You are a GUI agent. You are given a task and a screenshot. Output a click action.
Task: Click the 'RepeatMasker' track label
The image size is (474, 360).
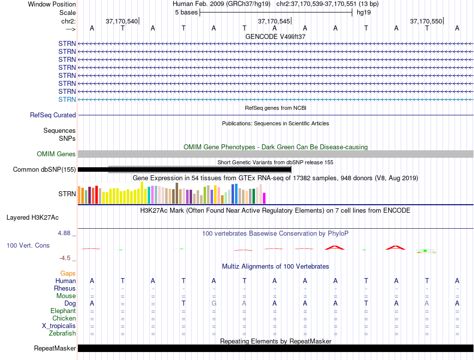[55, 348]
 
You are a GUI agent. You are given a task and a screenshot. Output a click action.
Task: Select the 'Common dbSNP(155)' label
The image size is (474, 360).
[44, 169]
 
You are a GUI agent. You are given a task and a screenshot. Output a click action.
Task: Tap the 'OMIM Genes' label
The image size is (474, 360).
[56, 154]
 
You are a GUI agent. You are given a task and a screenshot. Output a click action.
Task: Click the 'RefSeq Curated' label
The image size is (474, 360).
[53, 115]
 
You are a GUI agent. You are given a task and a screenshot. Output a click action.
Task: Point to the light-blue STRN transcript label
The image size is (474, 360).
[67, 99]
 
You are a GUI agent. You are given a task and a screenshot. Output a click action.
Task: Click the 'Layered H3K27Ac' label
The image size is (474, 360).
[32, 218]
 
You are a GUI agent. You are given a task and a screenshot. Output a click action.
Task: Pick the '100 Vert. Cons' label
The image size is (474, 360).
[28, 245]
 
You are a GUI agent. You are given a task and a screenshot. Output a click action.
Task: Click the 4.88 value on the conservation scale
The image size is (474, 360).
[64, 233]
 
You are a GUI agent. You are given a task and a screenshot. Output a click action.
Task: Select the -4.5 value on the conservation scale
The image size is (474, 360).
[65, 258]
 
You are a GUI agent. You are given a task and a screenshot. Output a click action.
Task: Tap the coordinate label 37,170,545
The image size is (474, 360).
[274, 21]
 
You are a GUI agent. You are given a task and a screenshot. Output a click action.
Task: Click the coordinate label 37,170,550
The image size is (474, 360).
[426, 21]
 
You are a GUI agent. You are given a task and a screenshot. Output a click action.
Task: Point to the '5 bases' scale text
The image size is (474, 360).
[186, 12]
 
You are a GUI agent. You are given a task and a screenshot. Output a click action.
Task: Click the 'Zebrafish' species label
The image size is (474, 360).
[62, 334]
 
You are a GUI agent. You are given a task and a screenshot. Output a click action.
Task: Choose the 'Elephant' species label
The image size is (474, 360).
[63, 311]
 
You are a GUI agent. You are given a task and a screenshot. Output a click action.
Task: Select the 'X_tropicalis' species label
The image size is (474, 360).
[59, 326]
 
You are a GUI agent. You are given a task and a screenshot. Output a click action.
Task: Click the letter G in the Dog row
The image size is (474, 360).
[214, 303]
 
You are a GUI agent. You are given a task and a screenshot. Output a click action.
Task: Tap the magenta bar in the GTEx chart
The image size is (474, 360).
[264, 198]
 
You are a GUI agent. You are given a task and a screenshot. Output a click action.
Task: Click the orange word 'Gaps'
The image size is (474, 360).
[68, 274]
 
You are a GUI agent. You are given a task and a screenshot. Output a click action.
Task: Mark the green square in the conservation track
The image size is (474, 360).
[425, 251]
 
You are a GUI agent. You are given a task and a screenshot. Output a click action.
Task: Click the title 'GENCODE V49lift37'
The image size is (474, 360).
[275, 36]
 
